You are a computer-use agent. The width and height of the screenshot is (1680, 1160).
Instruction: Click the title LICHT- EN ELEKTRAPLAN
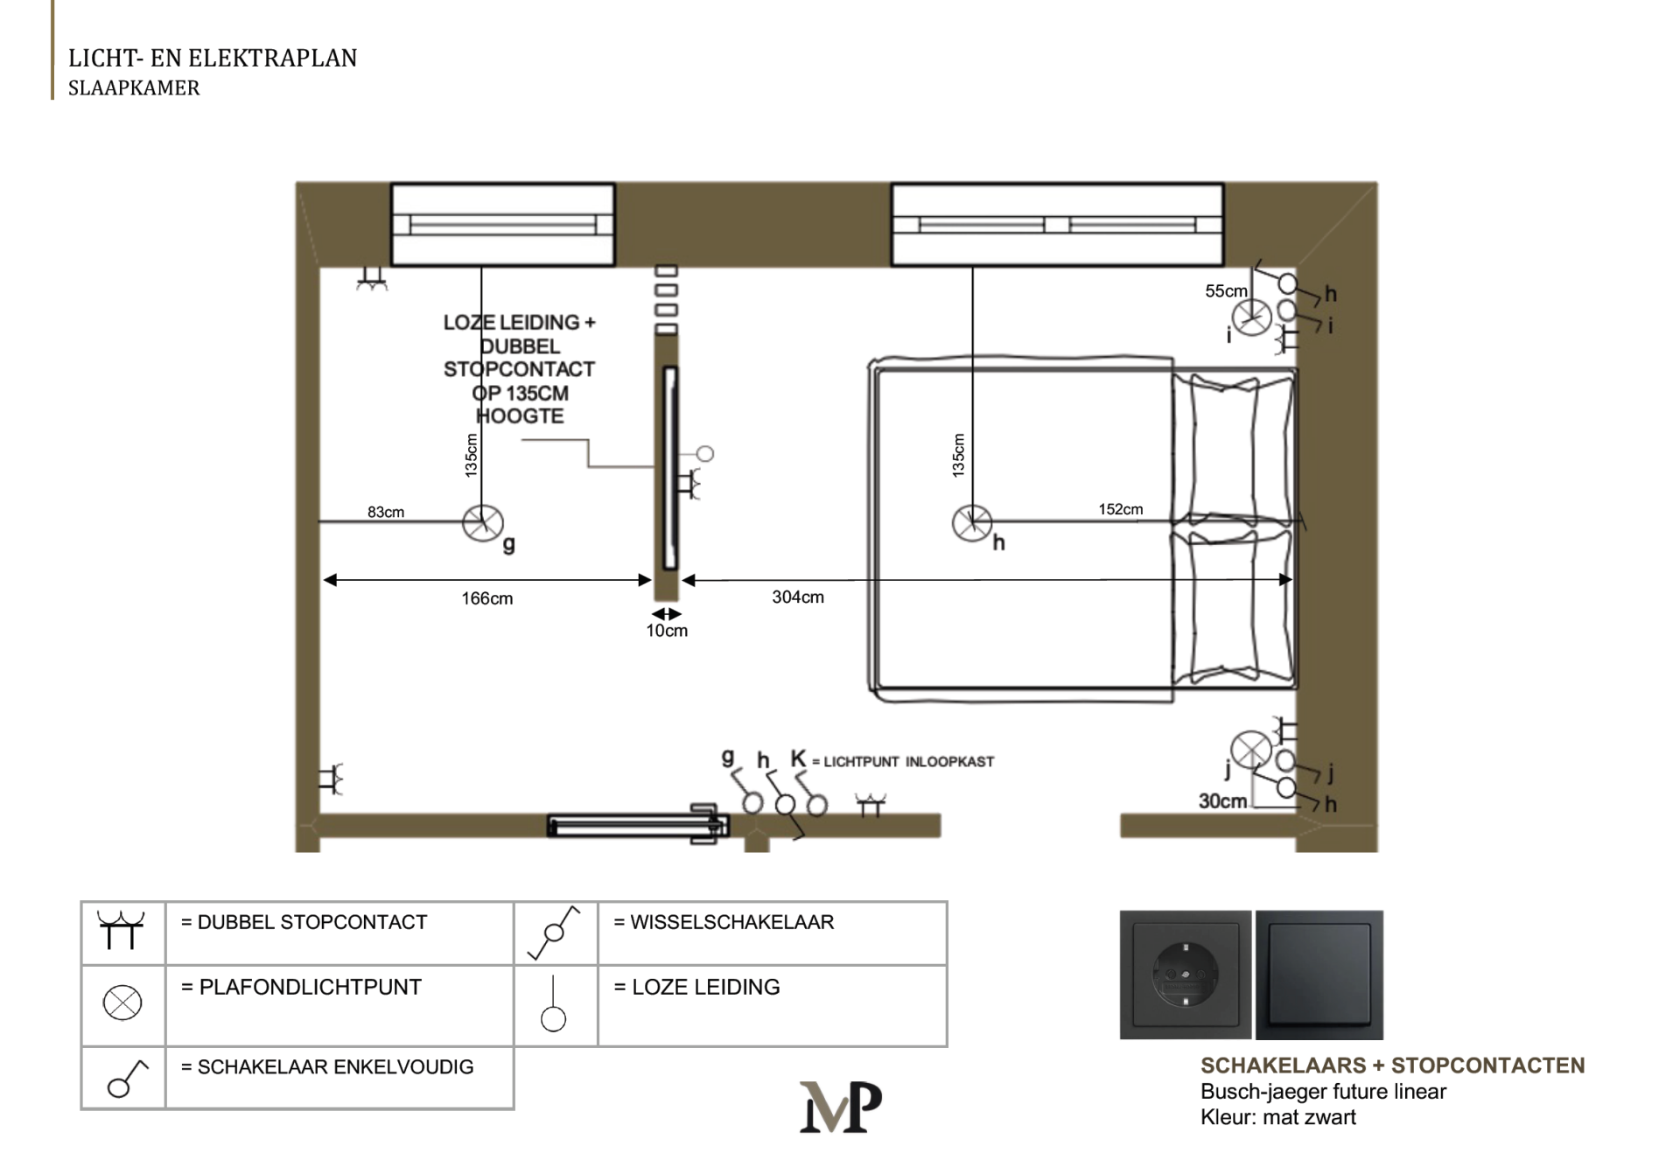click(x=213, y=58)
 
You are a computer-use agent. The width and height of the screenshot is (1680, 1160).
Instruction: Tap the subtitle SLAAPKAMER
click(x=134, y=87)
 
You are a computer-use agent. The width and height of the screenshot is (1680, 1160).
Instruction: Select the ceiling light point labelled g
click(x=482, y=523)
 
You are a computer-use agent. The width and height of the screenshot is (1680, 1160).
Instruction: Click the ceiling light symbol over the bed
click(x=971, y=523)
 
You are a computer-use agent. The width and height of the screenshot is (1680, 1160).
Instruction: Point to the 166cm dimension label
click(x=487, y=598)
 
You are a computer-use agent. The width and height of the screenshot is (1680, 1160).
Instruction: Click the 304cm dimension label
click(x=798, y=597)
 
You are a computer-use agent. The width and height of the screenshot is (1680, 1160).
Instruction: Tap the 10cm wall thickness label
click(x=667, y=630)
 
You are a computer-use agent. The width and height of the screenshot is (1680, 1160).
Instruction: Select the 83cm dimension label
click(x=386, y=512)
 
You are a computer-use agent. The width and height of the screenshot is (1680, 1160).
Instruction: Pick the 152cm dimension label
click(x=1121, y=509)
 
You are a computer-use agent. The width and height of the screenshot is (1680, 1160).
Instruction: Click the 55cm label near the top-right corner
click(x=1226, y=290)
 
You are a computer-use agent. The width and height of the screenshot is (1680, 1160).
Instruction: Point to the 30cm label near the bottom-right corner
click(x=1222, y=800)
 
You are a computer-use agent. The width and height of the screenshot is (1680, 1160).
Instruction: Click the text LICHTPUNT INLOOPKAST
click(x=909, y=761)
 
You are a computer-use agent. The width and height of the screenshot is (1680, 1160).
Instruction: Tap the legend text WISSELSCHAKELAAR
click(x=732, y=922)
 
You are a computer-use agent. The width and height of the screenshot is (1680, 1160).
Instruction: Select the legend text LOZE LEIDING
click(x=705, y=987)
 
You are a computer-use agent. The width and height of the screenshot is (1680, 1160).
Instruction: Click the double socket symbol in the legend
click(x=121, y=929)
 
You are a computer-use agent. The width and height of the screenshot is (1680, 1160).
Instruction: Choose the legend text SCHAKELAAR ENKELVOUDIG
click(x=335, y=1067)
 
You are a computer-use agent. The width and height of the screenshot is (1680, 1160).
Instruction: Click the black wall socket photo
click(x=1186, y=975)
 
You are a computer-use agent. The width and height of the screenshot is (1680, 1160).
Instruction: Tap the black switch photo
click(x=1319, y=975)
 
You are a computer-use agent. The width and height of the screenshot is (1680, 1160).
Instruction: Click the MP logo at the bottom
click(x=840, y=1107)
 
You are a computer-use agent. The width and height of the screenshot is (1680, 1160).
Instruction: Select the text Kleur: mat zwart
click(x=1277, y=1117)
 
